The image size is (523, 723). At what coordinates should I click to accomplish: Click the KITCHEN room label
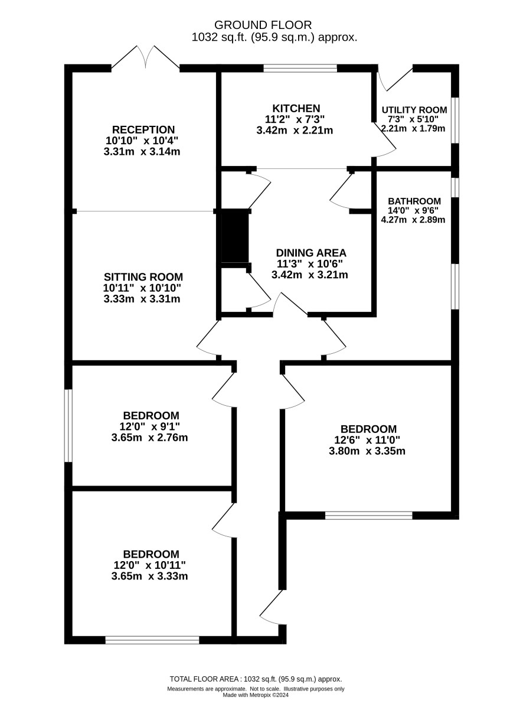coord(296,108)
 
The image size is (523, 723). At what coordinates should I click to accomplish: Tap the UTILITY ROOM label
coord(414,110)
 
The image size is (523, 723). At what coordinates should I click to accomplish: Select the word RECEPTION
coord(143,130)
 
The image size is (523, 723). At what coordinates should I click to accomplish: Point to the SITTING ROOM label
coord(143,277)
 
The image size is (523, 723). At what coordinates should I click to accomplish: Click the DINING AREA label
coord(311,253)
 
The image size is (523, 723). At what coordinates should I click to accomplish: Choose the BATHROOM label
coord(414,201)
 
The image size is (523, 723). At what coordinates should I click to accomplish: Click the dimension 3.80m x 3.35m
coord(367,451)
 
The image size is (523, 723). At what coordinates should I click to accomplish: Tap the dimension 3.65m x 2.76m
coord(150,438)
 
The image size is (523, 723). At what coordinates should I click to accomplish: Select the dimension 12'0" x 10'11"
coord(150,565)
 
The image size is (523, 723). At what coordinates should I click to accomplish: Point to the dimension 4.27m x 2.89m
coord(413,220)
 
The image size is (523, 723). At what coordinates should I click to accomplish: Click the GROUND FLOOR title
coord(263,25)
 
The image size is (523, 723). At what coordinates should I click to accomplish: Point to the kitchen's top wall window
coord(300,68)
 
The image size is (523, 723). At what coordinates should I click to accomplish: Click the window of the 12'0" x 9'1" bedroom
coord(68,426)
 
